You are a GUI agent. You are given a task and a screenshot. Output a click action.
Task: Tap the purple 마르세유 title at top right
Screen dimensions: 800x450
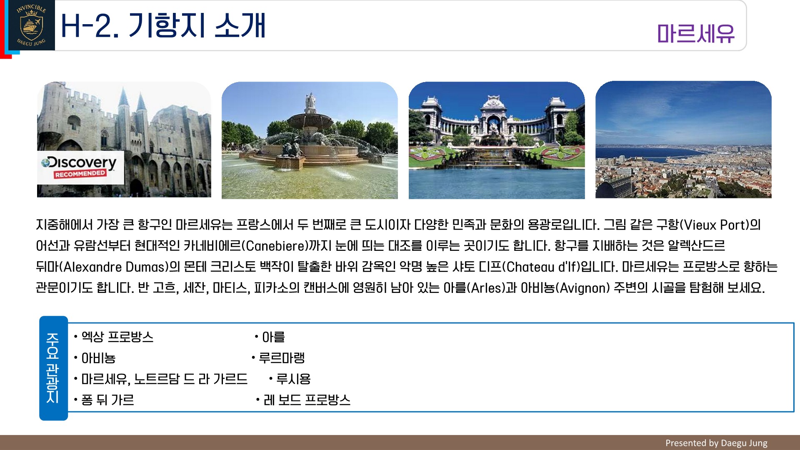pyautogui.click(x=696, y=34)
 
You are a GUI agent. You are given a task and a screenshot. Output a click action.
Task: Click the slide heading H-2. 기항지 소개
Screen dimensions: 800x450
pyautogui.click(x=163, y=25)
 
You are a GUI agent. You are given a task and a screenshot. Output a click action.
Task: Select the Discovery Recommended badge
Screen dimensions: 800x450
pyautogui.click(x=80, y=167)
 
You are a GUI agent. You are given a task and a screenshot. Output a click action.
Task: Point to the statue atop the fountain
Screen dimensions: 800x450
pyautogui.click(x=310, y=102)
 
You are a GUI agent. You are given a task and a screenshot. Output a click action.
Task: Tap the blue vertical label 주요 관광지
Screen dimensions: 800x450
pyautogui.click(x=53, y=368)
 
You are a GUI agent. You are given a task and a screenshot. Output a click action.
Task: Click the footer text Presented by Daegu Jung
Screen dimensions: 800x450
pyautogui.click(x=716, y=443)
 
